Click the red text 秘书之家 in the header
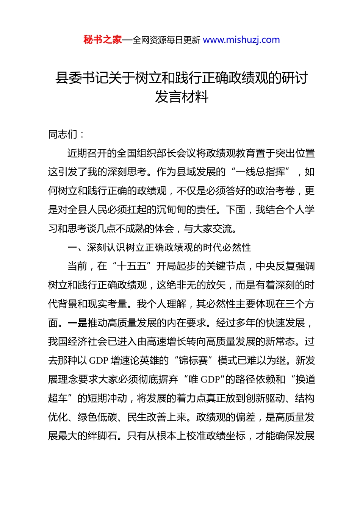(x=103, y=40)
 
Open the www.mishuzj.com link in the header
(x=241, y=40)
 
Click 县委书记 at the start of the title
(x=75, y=78)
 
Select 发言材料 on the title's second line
(x=182, y=97)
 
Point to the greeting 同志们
(x=63, y=134)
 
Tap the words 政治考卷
(x=275, y=191)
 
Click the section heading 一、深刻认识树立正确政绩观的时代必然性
(x=159, y=247)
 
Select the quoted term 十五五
(x=132, y=266)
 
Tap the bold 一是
(x=77, y=323)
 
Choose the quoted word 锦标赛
(x=193, y=361)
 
